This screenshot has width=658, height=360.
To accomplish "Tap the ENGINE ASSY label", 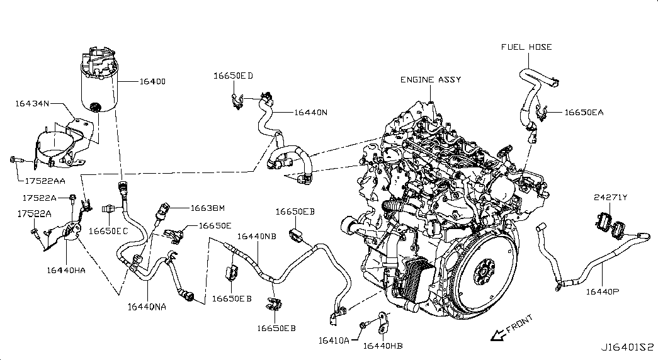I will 431,80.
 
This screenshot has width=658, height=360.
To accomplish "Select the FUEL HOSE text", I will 526,47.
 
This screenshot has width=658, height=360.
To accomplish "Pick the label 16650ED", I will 233,76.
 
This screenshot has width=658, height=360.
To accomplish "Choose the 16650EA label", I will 584,113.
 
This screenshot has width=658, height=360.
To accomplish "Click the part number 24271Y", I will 610,198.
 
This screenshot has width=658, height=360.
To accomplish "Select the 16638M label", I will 207,207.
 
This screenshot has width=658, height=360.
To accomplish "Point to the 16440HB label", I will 383,345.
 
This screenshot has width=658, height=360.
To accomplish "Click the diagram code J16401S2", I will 628,347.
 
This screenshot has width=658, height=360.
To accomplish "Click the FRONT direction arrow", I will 498,335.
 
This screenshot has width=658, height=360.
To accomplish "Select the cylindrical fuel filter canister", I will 99,85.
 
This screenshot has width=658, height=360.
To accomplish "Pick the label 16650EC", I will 108,231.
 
